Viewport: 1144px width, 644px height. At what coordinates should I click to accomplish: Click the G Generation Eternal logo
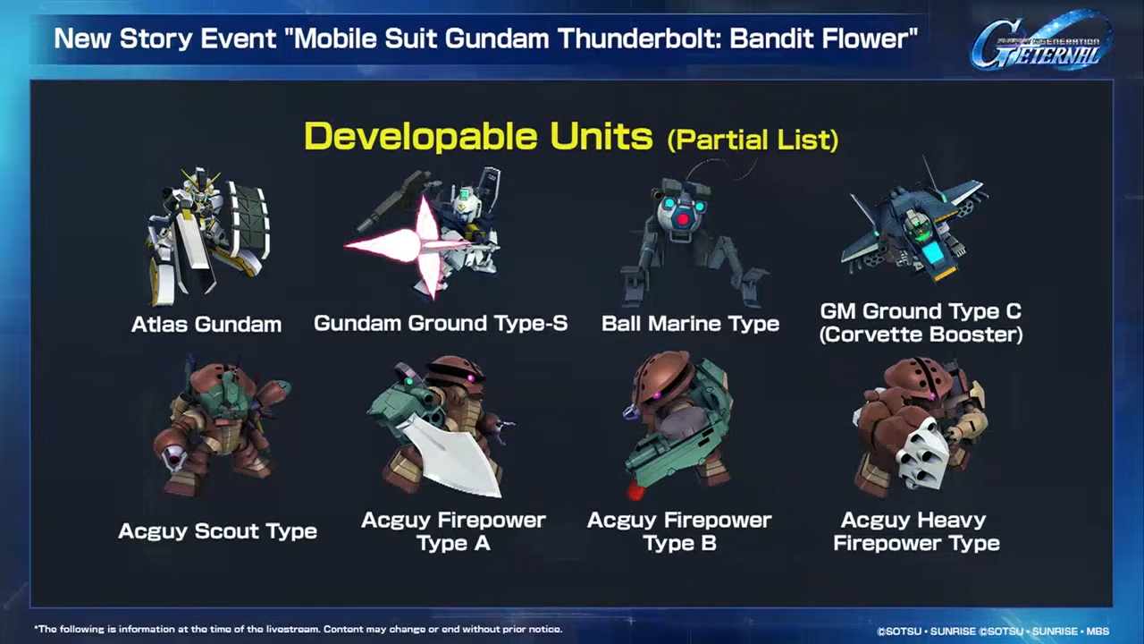pos(1042,42)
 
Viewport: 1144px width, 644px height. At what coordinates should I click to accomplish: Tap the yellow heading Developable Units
pos(478,137)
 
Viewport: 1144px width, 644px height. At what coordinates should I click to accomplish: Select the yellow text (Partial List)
pos(753,139)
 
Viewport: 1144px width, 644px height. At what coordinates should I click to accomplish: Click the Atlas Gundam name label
pos(206,325)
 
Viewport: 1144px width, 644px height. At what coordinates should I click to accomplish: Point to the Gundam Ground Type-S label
pos(441,324)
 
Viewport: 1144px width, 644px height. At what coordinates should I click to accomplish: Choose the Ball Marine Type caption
pos(691,324)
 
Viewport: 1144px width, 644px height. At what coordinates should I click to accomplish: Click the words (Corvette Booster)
pos(921,335)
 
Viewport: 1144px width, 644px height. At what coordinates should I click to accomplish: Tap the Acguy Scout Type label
pos(217,531)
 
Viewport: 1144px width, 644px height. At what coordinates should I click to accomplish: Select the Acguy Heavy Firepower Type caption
pos(916,531)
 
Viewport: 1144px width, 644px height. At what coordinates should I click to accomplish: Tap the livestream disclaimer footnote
pos(299,629)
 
